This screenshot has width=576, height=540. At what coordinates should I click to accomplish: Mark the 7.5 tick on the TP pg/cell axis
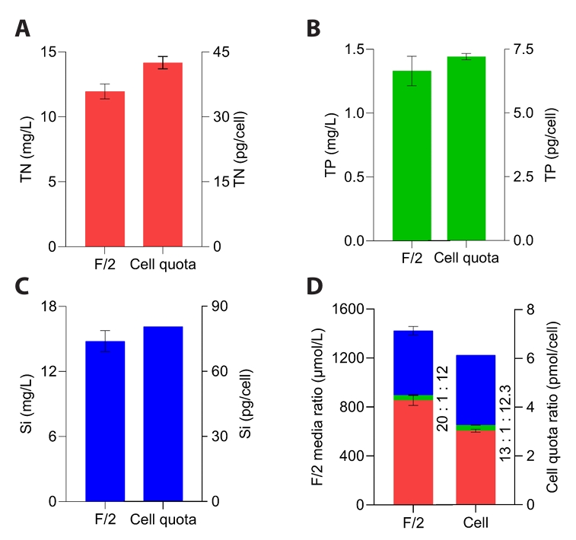(x=526, y=49)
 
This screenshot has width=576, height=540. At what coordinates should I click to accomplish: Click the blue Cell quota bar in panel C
(x=162, y=414)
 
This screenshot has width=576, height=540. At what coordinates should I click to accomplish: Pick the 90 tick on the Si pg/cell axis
(x=218, y=307)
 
